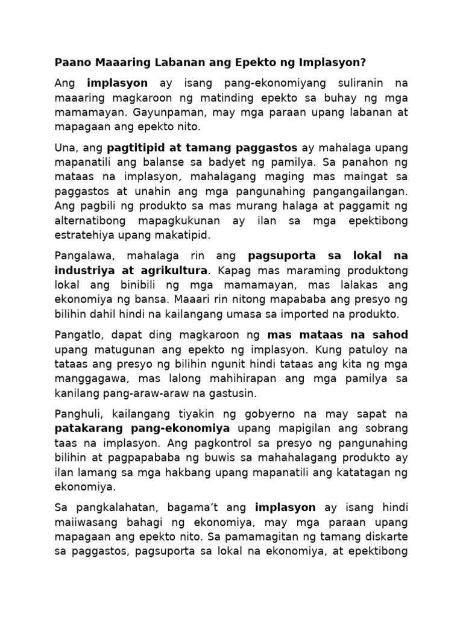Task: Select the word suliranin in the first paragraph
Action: pos(344,83)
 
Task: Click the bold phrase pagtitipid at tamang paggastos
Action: pos(202,148)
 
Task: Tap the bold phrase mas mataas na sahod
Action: pos(338,335)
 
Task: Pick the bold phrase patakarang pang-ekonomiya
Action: pos(142,429)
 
